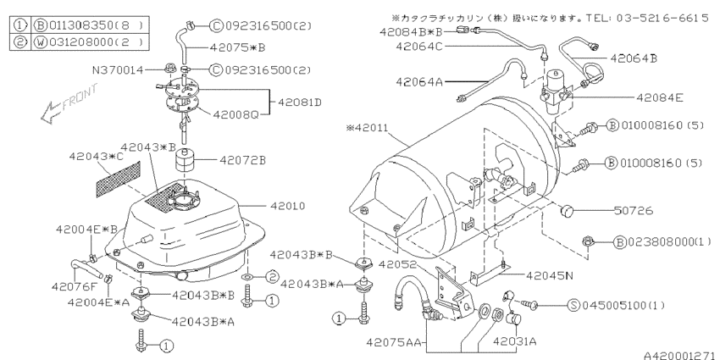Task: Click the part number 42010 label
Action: pyautogui.click(x=288, y=206)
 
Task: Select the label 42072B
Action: pyautogui.click(x=243, y=159)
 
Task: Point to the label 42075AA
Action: pyautogui.click(x=397, y=342)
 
